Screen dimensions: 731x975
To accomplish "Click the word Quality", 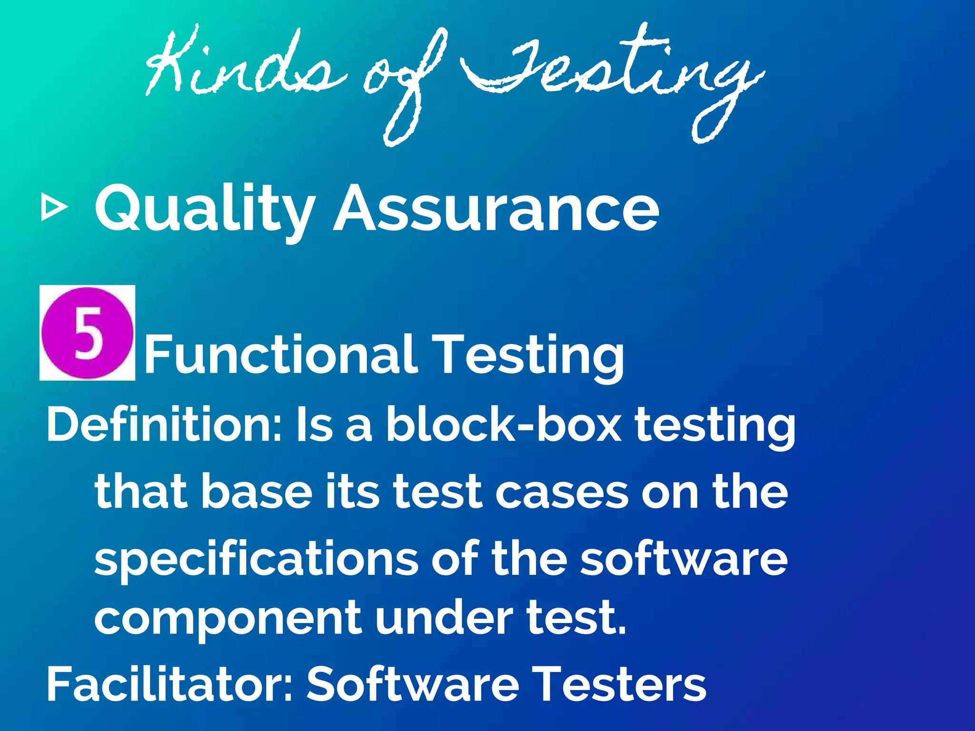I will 205,209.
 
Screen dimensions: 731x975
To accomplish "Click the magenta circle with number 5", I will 87,333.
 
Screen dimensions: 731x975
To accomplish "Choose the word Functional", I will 281,355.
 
